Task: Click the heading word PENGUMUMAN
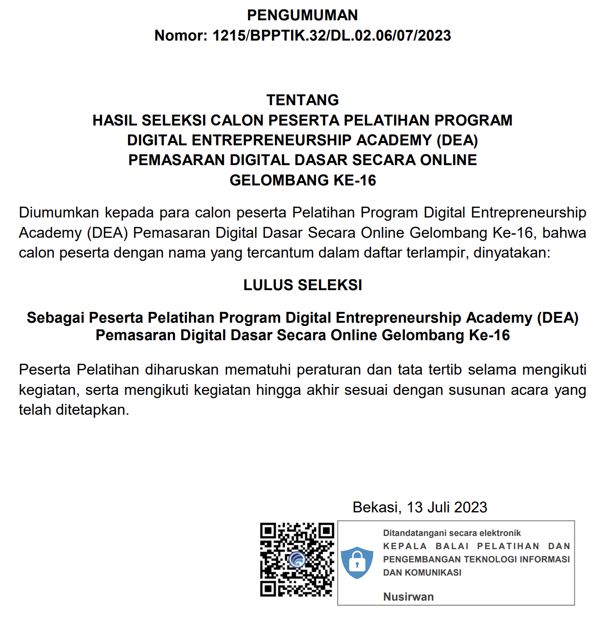(302, 15)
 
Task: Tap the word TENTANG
(302, 100)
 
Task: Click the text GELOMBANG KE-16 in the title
(302, 180)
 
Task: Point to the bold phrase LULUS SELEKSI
(302, 285)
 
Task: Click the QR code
(297, 560)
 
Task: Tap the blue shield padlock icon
(357, 563)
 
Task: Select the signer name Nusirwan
(408, 597)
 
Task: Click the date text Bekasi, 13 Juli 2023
(419, 507)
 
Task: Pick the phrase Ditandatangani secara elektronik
(452, 533)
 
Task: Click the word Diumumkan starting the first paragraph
(59, 213)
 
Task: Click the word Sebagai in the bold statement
(55, 318)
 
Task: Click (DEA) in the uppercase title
(457, 141)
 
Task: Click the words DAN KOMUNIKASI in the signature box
(422, 573)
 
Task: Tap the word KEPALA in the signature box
(405, 546)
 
